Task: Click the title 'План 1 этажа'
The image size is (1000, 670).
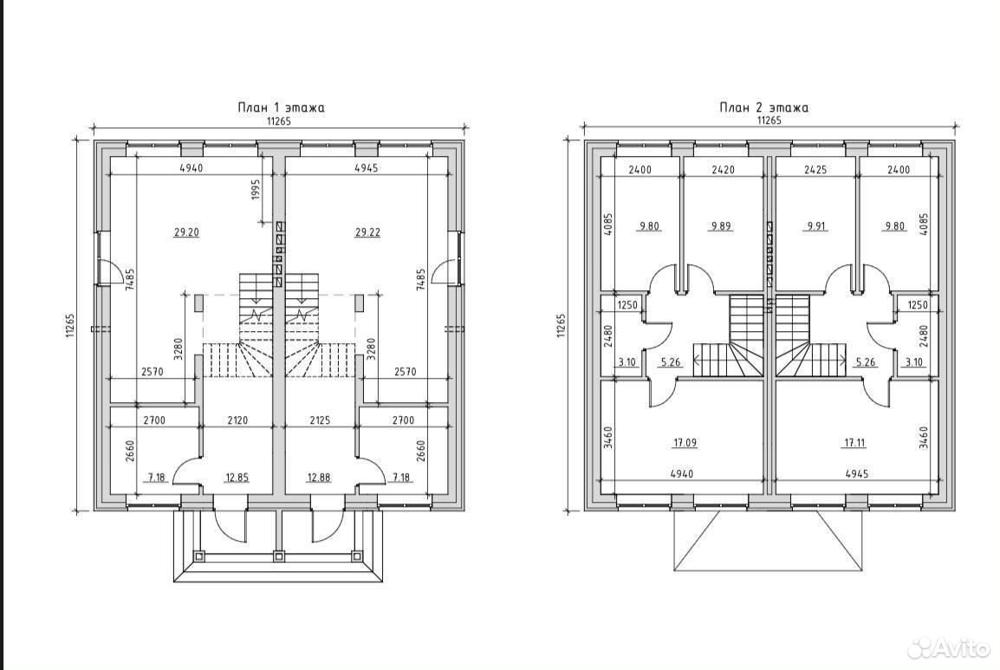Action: (x=282, y=107)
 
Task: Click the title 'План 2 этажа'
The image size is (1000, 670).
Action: (x=764, y=107)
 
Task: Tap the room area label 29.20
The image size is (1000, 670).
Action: (x=186, y=232)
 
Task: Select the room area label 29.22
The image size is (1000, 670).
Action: (x=367, y=232)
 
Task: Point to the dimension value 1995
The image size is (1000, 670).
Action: (x=256, y=190)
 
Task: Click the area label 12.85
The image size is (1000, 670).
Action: (x=237, y=478)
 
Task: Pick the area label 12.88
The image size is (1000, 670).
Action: (x=318, y=478)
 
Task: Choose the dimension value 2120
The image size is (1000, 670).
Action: (x=237, y=420)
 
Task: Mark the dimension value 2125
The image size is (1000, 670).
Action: (x=320, y=420)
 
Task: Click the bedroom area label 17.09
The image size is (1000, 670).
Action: (x=685, y=442)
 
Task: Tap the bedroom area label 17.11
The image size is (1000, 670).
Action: (x=854, y=442)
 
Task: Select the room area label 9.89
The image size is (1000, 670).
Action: (x=721, y=226)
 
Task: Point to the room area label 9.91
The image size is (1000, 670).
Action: (x=815, y=226)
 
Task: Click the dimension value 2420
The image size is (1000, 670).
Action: (x=723, y=170)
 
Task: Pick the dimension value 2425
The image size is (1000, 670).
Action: (x=815, y=170)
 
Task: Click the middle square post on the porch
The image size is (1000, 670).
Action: (x=277, y=556)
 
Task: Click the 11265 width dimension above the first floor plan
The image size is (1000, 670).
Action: (x=279, y=121)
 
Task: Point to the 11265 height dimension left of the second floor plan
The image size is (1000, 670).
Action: (x=562, y=325)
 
